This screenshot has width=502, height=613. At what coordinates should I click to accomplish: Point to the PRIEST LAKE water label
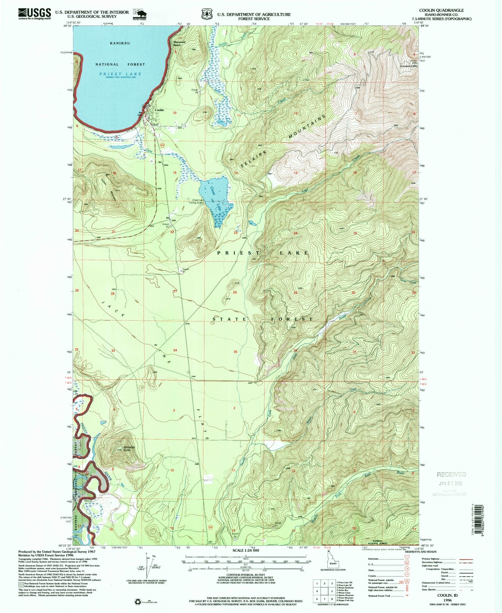120,74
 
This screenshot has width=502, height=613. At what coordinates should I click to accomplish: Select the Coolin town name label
159,110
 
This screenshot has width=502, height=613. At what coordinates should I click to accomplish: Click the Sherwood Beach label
179,43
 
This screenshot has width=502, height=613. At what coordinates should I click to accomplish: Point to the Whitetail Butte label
129,449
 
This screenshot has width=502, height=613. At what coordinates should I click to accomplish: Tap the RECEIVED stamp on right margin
451,474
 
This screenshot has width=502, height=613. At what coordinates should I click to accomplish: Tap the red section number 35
235,352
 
